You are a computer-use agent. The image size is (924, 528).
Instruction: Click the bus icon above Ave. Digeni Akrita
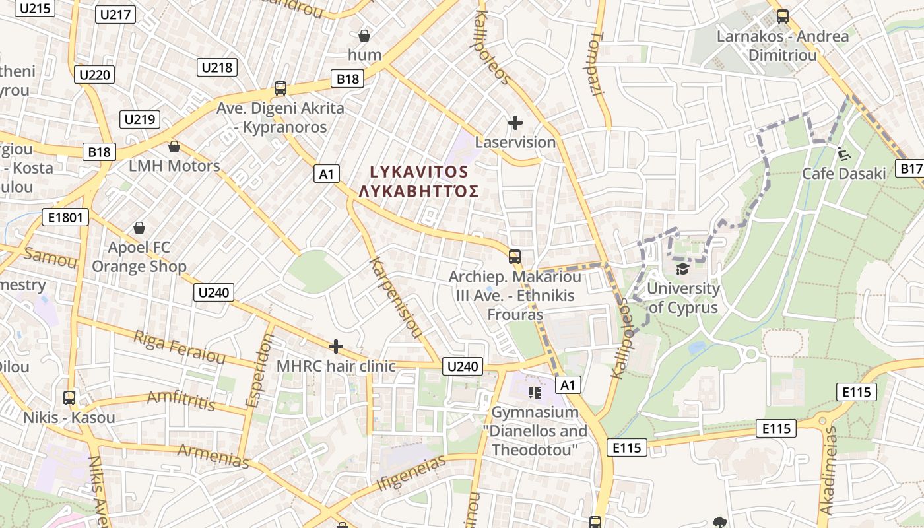(280, 88)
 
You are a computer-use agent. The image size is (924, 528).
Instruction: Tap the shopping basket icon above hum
(364, 35)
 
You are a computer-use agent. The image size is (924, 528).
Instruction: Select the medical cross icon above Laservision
(515, 123)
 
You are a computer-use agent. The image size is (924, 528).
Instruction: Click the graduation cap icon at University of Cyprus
(682, 269)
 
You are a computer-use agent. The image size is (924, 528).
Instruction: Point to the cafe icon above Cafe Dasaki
(843, 153)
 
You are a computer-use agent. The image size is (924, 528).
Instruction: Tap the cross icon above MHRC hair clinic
(336, 346)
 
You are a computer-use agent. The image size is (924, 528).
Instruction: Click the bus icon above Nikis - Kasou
(69, 398)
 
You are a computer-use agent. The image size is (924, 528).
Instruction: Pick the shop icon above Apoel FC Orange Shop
(139, 228)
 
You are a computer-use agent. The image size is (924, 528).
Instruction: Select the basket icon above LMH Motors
(174, 146)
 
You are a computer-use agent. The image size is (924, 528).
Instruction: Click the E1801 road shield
(65, 217)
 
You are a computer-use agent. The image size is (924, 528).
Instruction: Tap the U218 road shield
(216, 67)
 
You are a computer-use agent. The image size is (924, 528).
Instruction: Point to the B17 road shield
(911, 168)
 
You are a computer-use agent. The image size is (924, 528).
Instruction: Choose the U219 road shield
(140, 119)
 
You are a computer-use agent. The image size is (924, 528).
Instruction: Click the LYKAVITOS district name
(418, 172)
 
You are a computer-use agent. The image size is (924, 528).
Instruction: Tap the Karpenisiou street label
(395, 298)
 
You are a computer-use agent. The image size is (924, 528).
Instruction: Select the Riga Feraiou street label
(180, 347)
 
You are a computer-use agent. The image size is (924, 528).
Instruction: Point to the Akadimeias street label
(828, 471)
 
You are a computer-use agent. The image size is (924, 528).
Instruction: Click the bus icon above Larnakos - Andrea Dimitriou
(783, 16)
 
